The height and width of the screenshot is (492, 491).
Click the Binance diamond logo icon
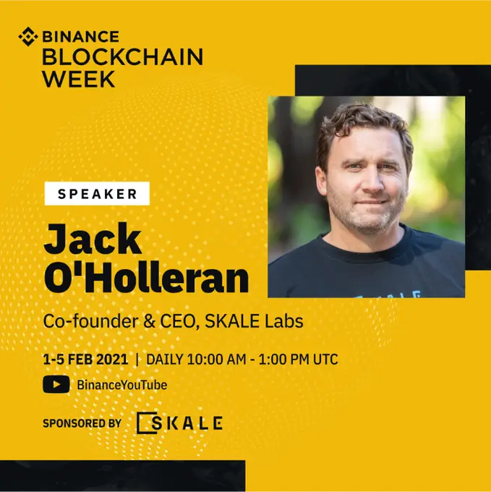[27, 36]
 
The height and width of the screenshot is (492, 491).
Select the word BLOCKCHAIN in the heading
[122, 57]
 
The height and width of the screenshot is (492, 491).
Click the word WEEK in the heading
[78, 78]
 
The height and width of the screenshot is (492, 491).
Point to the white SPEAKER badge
[97, 193]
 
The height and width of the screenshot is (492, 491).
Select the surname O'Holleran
[145, 278]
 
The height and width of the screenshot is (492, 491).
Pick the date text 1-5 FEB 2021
[85, 359]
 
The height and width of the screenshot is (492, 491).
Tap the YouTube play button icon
[56, 385]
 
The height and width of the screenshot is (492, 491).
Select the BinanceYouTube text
[121, 385]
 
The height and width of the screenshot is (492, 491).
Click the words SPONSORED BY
[82, 423]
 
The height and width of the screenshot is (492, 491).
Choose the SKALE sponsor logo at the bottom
[179, 423]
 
